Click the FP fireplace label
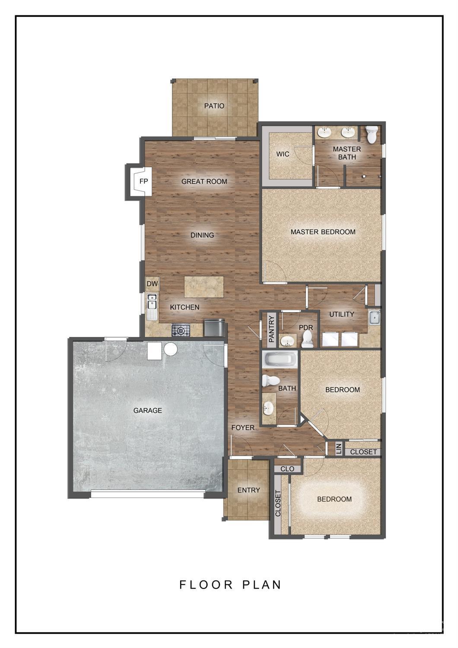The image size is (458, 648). point(143,182)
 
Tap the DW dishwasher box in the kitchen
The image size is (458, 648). point(152,284)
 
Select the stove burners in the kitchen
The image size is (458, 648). point(180,331)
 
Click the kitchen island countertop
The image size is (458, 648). point(204,287)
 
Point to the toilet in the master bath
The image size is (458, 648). point(372,134)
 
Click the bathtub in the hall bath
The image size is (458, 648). point(280,359)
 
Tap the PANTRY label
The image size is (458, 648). point(272,329)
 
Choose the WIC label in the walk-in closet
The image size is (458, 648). point(283,154)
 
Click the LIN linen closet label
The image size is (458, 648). point(339,448)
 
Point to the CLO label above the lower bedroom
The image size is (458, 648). point(287,469)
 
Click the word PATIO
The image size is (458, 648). point(214,105)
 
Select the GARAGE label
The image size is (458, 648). point(148,410)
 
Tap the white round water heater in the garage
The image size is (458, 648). point(170,349)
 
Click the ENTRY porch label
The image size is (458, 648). point(248,490)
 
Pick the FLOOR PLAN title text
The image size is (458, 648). point(230,585)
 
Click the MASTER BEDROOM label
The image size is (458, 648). point(323,232)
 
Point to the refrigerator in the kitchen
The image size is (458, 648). point(214,327)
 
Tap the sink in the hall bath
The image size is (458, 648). point(269,407)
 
